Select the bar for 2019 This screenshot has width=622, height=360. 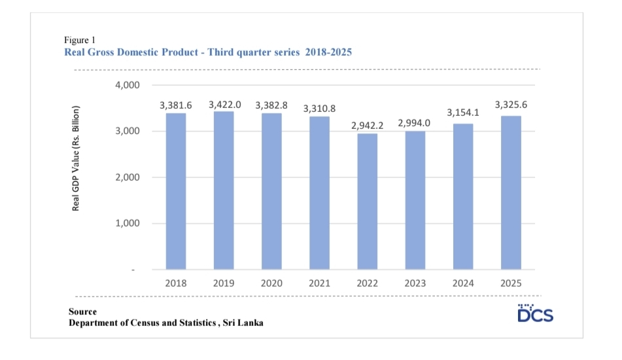pyautogui.click(x=224, y=190)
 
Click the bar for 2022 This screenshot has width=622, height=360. pyautogui.click(x=367, y=201)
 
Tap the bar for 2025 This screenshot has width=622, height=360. pyautogui.click(x=511, y=192)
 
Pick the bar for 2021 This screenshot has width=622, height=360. pyautogui.click(x=319, y=192)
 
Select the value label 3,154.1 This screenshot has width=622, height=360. pyautogui.click(x=463, y=113)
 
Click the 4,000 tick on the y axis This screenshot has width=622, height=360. pyautogui.click(x=129, y=86)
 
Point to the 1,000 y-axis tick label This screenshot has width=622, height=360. pyautogui.click(x=129, y=224)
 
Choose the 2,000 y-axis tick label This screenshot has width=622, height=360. pyautogui.click(x=129, y=177)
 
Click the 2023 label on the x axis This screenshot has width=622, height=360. pyautogui.click(x=415, y=283)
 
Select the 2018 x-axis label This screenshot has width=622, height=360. pyautogui.click(x=176, y=283)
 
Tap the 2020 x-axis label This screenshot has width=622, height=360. pyautogui.click(x=271, y=283)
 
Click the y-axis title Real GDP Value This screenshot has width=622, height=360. pyautogui.click(x=76, y=158)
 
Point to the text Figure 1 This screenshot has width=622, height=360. pyautogui.click(x=80, y=41)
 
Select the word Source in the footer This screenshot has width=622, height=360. pyautogui.click(x=82, y=312)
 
